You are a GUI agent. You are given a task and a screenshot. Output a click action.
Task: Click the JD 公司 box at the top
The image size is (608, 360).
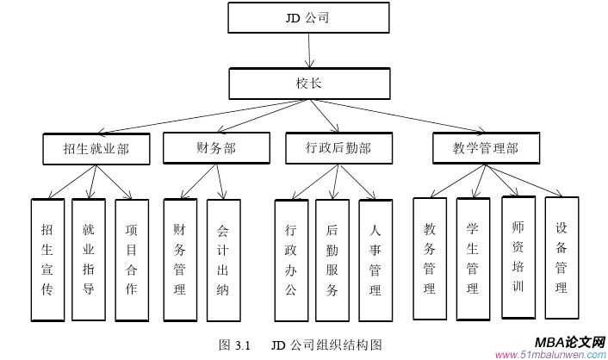click(x=308, y=17)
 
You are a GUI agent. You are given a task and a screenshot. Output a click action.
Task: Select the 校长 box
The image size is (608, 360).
click(x=308, y=84)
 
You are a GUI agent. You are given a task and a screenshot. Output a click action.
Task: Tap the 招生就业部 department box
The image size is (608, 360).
click(x=96, y=149)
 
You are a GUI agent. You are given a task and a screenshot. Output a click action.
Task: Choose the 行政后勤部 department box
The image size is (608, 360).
click(x=338, y=148)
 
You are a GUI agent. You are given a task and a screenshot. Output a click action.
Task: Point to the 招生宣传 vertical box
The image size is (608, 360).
click(x=47, y=259)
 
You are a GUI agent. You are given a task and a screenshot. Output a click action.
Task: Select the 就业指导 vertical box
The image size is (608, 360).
click(x=89, y=259)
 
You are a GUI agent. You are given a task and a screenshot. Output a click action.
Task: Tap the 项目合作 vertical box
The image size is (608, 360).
click(x=131, y=259)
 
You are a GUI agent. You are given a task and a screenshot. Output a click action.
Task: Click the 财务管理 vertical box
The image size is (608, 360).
click(x=180, y=259)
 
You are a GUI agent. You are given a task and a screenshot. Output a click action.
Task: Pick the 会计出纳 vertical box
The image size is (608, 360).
click(x=223, y=259)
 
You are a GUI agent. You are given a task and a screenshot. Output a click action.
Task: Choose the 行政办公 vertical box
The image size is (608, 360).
click(x=291, y=259)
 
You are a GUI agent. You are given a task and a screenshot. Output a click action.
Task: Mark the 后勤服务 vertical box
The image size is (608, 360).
click(x=332, y=259)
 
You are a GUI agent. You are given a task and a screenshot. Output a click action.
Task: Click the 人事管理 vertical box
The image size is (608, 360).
click(x=375, y=259)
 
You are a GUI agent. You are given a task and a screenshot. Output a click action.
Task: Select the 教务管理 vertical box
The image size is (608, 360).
click(x=430, y=258)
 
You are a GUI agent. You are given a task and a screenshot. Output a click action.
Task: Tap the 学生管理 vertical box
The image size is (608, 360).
click(x=473, y=258)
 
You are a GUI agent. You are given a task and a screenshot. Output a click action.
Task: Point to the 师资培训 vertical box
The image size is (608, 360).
click(x=518, y=258)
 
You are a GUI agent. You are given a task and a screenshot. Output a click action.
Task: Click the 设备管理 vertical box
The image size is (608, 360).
click(x=561, y=258)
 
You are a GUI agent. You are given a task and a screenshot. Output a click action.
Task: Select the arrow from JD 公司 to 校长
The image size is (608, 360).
click(x=308, y=51)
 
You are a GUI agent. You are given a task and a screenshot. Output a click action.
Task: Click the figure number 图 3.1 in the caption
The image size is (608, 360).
click(x=234, y=345)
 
